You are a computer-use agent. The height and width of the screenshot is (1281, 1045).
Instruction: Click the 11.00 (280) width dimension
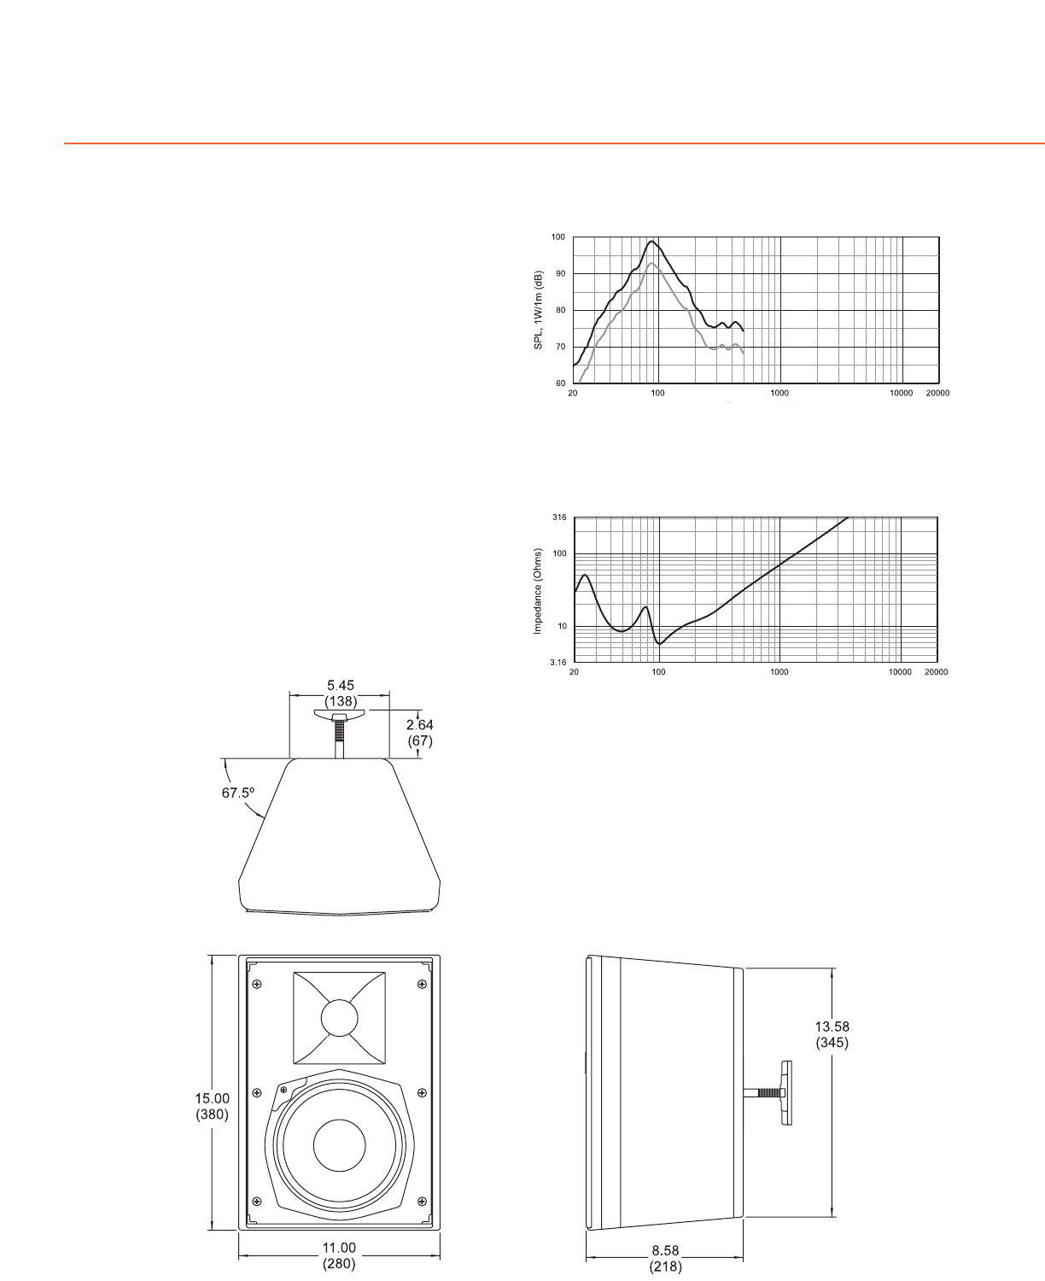point(339,1255)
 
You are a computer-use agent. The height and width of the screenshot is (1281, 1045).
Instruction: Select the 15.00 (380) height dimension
point(212,1106)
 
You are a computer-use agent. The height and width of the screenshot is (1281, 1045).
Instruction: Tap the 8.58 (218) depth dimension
point(665,1259)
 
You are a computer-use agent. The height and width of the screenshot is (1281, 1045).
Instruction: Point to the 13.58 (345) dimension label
point(832,1034)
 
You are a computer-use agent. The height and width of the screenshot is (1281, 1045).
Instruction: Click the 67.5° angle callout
point(238,793)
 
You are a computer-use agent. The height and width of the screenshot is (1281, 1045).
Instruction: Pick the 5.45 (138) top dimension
point(341,693)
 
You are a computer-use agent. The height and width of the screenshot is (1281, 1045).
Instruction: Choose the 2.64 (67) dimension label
point(419,733)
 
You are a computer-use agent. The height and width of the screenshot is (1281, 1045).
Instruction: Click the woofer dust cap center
point(340,1145)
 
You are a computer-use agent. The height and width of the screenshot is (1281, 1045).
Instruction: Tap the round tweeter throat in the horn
point(340,1018)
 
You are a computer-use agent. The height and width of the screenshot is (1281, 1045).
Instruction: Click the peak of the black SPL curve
point(651,241)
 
